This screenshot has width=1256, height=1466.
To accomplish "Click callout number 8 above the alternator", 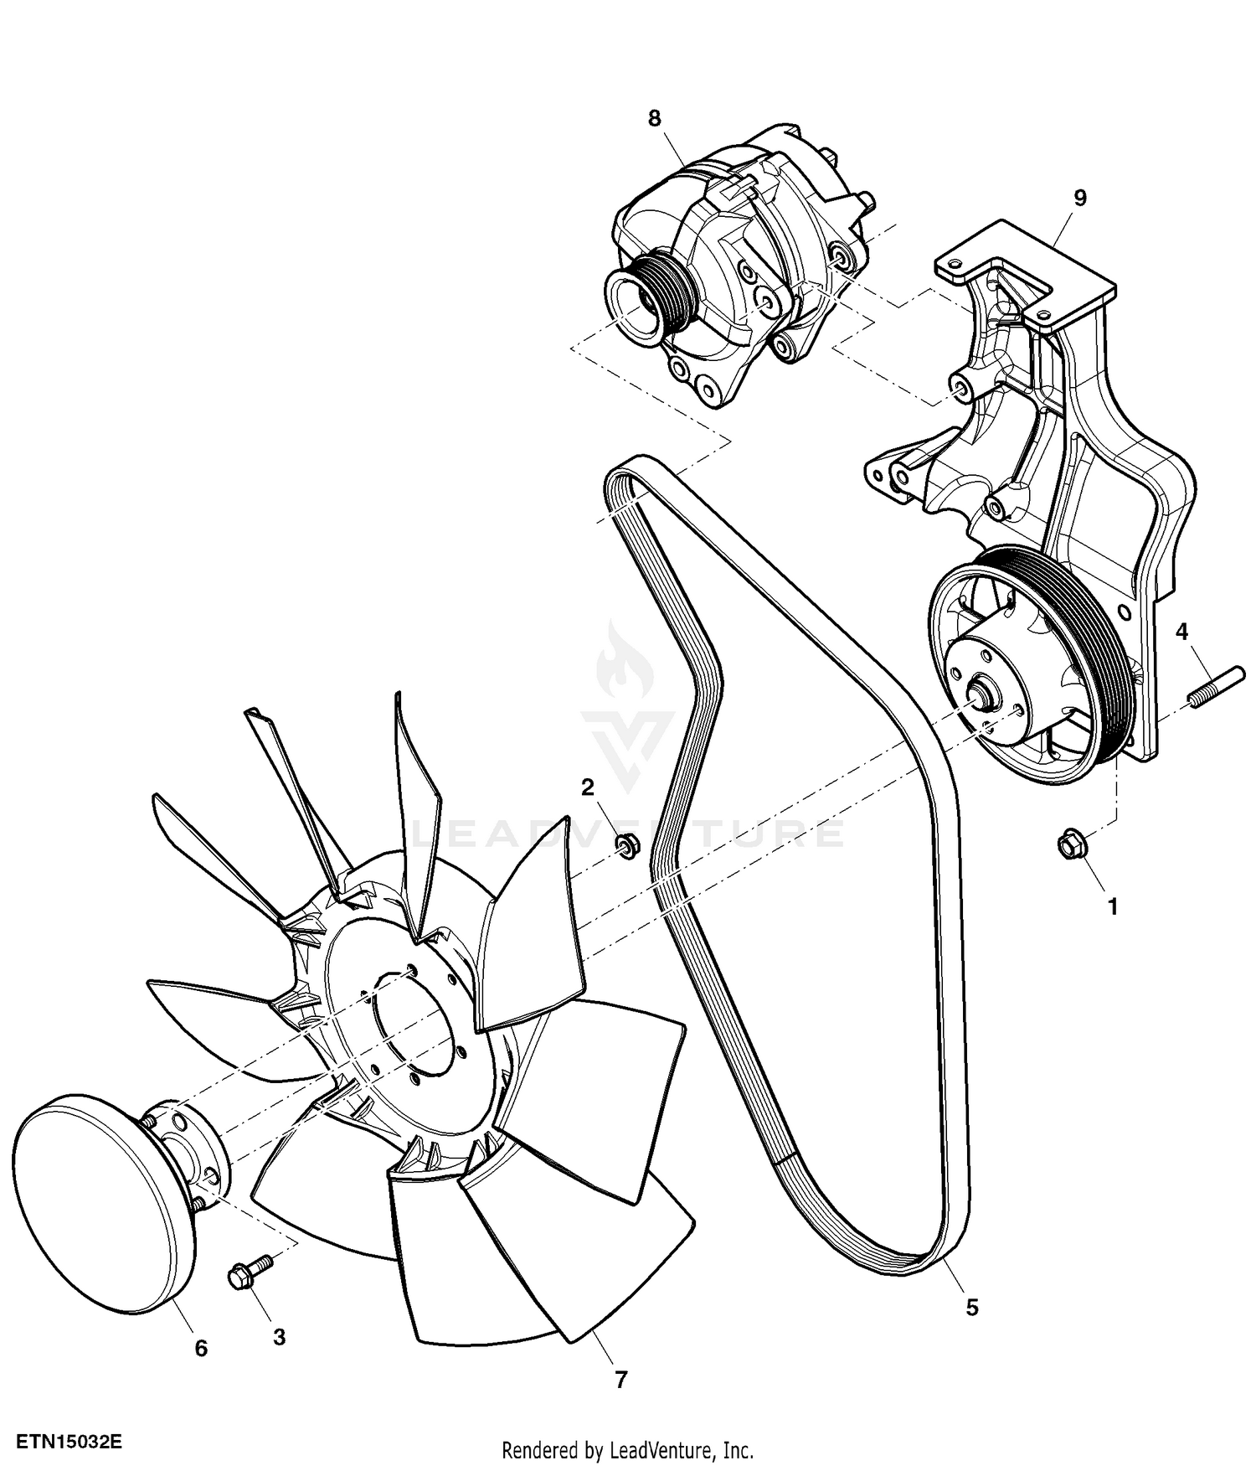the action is tap(654, 118).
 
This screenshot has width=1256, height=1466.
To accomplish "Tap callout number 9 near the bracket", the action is tap(1079, 198).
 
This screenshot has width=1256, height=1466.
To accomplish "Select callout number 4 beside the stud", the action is tap(1181, 631).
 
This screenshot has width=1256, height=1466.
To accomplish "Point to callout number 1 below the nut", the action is tap(1113, 906).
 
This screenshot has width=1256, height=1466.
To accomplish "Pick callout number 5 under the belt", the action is tap(972, 1307).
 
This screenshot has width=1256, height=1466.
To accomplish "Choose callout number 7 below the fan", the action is tap(620, 1379).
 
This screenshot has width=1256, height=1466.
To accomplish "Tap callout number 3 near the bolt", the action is tap(279, 1337).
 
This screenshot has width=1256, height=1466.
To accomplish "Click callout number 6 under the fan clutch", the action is tap(201, 1348).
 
